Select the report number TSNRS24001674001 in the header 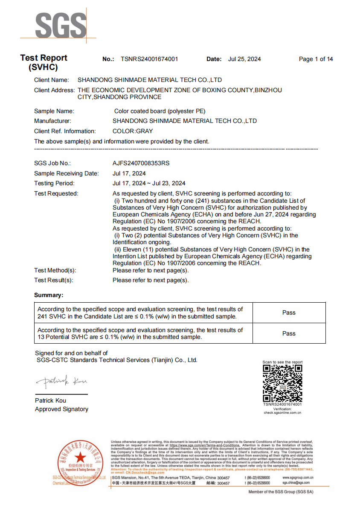pos(149,59)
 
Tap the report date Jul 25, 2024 pos(244,59)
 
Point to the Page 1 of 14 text pos(316,59)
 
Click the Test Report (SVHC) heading pos(44,62)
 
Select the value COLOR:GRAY pos(133,131)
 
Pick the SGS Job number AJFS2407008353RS pos(141,163)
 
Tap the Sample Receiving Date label pos(66,173)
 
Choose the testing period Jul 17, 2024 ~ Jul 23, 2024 pos(149,183)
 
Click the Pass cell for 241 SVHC pos(289,312)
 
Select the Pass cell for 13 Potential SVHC pos(289,333)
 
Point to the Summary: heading pos(49,295)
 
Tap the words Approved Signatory pos(61,409)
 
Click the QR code pos(282,383)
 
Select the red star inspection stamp pos(80,460)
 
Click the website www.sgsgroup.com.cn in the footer pos(298,478)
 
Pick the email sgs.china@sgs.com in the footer pos(296,483)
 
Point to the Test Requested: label pos(56,193)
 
